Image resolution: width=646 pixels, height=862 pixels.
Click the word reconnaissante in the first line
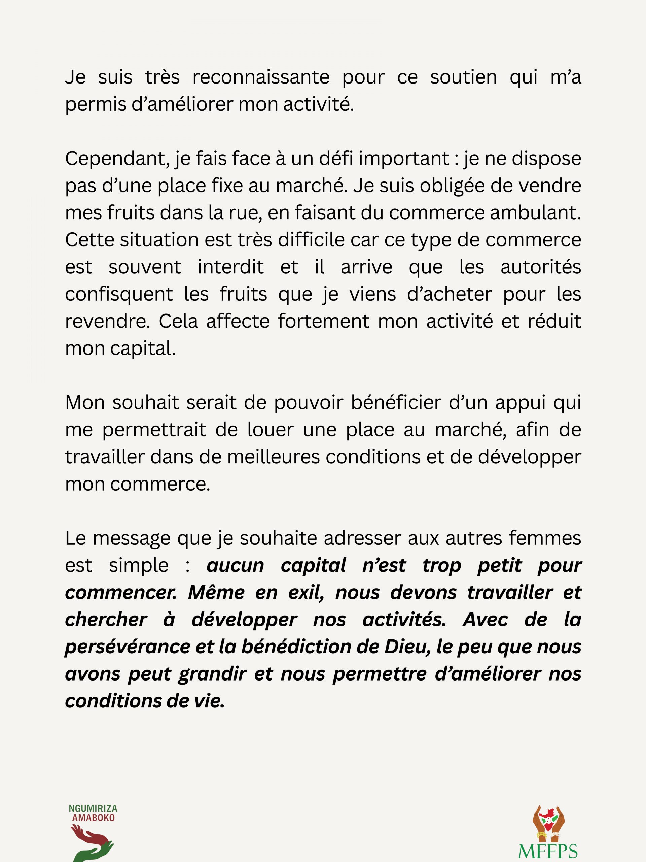[x=260, y=77]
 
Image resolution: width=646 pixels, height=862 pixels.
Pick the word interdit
[x=230, y=267]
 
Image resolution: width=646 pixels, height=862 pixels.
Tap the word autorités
[x=540, y=267]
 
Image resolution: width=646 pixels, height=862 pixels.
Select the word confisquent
[x=119, y=294]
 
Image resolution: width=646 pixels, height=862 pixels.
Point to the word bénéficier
[x=396, y=403]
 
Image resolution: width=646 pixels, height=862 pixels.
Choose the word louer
[x=270, y=430]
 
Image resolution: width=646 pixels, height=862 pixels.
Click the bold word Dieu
[x=407, y=647]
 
